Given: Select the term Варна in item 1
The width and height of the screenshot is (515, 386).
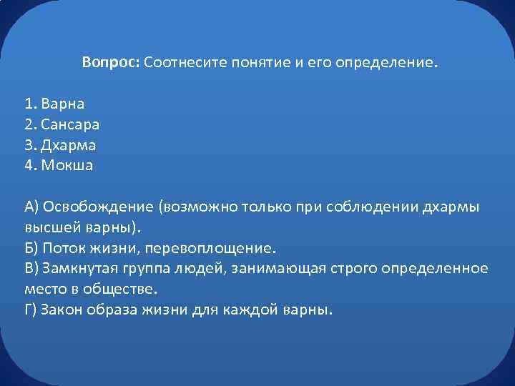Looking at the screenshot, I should [63, 104].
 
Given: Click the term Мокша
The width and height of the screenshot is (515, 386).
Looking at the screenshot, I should [67, 166].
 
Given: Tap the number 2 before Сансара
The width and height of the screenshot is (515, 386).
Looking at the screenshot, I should [29, 124].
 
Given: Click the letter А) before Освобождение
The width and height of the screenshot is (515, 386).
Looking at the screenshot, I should [31, 207].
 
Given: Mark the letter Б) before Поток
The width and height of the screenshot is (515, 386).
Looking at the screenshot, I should [31, 249].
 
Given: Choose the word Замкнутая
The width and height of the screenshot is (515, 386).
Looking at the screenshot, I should [79, 269].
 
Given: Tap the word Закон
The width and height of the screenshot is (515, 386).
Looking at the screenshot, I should [62, 311].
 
